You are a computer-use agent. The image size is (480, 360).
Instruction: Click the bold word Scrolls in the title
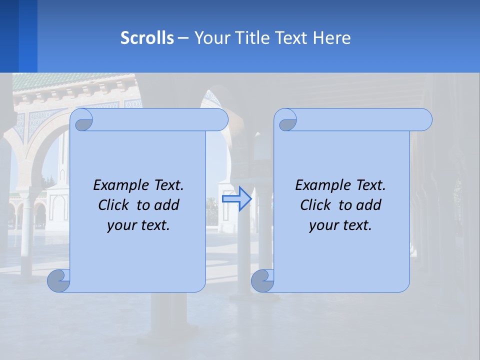[147, 37]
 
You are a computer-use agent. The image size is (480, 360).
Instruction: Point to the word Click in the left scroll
[116, 205]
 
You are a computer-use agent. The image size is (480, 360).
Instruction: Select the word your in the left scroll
[122, 225]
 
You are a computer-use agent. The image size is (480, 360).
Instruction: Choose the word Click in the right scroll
[318, 205]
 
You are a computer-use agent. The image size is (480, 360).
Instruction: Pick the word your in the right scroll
[324, 225]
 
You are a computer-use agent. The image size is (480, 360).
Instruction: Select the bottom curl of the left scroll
[59, 280]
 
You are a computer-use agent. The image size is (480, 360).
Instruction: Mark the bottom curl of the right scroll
[262, 280]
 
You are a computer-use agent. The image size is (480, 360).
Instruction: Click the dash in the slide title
[183, 37]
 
